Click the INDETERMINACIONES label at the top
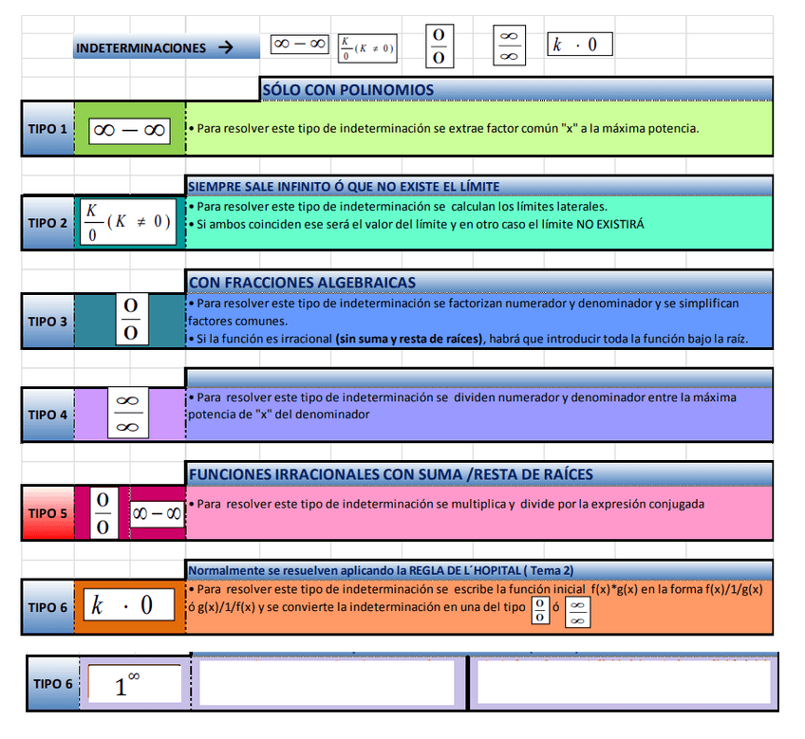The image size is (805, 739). (140, 47)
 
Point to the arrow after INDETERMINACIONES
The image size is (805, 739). (225, 47)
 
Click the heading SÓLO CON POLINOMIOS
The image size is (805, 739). (347, 90)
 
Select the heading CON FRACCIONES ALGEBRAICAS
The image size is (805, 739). (302, 282)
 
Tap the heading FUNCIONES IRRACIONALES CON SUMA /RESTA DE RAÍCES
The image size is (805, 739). (391, 474)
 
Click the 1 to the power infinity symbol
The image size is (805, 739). (134, 684)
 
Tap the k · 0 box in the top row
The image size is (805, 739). (580, 45)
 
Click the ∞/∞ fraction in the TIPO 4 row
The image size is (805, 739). (126, 414)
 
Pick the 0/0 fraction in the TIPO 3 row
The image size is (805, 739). (131, 319)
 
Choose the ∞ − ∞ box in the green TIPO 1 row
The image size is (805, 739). (130, 131)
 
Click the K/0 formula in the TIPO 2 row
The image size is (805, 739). (128, 221)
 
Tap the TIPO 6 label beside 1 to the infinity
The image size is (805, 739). (52, 683)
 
